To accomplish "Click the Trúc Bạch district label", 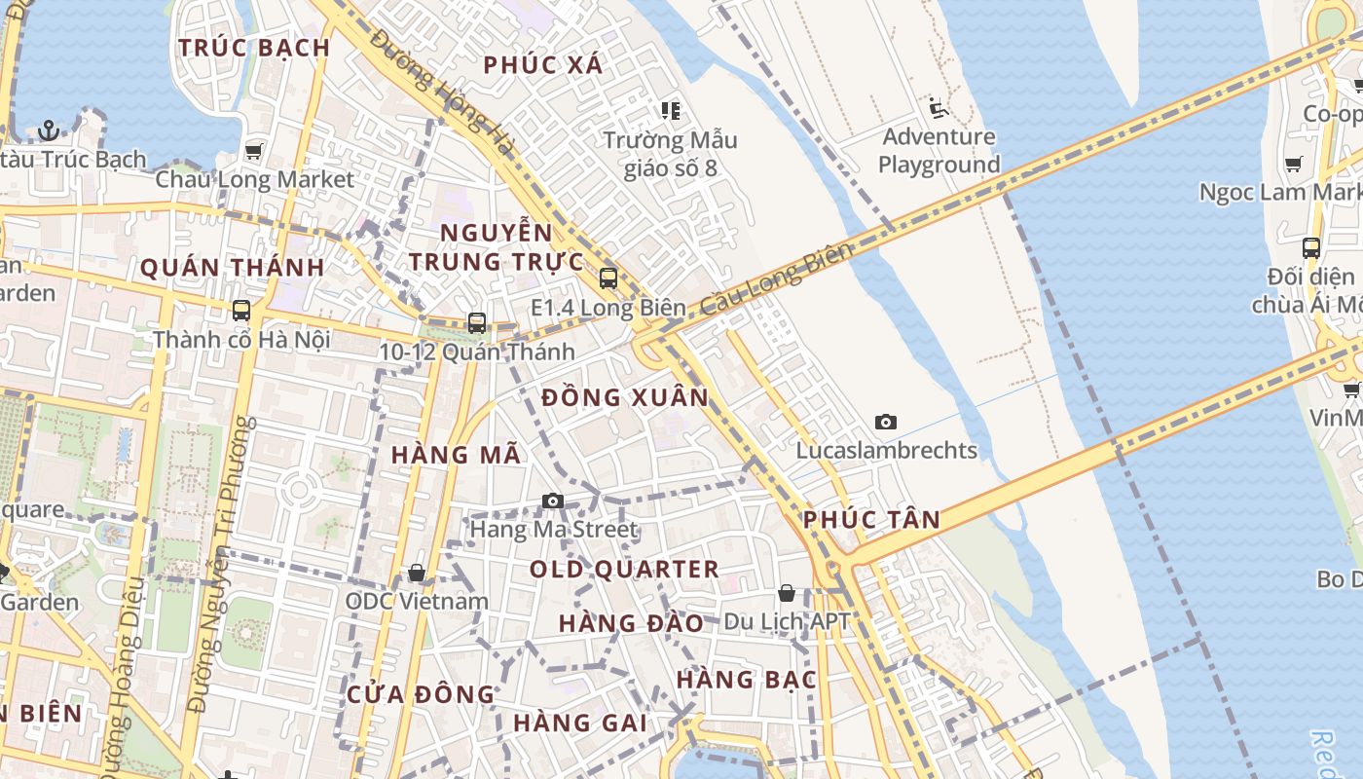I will tap(254, 48).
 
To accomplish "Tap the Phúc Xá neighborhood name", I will tap(543, 65).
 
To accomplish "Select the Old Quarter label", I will tap(624, 570).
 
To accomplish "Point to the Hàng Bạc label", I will tap(747, 680).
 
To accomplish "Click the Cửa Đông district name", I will tap(421, 694).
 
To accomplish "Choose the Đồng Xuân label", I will tap(625, 398).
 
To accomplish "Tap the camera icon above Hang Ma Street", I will tap(553, 501).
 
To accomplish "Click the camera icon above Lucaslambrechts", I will tap(885, 422).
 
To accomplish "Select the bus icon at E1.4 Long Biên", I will tap(608, 278).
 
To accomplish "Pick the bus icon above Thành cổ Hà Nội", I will tap(240, 311).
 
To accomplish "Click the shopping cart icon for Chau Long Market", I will tap(254, 151).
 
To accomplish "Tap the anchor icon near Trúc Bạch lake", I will tap(48, 130).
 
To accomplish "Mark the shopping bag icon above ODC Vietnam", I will tap(417, 573).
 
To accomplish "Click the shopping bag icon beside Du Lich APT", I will tap(787, 593).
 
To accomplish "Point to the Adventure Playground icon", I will tap(939, 108).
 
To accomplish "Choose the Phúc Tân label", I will tap(871, 520).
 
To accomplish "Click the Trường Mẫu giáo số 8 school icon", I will tap(670, 111).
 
